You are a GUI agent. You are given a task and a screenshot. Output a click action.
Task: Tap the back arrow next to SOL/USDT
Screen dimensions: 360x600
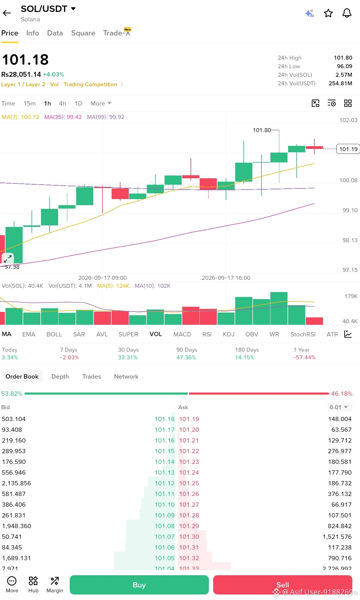(7, 13)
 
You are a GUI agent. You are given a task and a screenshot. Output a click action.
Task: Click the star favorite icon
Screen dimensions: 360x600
(328, 13)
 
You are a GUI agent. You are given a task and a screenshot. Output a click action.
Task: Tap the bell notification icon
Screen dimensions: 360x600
(347, 13)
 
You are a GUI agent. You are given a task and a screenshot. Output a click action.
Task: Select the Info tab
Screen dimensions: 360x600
(33, 33)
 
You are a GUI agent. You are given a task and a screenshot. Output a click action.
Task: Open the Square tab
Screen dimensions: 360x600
(83, 33)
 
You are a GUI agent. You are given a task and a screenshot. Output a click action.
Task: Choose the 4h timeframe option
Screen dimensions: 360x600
(62, 103)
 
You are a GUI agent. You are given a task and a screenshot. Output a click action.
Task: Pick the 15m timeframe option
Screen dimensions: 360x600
(30, 103)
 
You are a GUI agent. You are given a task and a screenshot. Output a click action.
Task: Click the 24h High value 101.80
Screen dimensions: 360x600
(343, 58)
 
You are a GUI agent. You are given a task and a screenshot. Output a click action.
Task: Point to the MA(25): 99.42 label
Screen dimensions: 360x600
(63, 117)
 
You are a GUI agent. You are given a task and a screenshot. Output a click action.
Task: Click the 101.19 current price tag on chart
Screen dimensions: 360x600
(348, 149)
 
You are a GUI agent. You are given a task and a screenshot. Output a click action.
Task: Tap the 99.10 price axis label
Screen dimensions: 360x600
(350, 210)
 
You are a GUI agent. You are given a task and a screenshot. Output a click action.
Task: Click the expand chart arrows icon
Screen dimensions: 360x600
(8, 258)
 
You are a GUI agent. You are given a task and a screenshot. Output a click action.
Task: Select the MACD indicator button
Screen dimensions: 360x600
(182, 334)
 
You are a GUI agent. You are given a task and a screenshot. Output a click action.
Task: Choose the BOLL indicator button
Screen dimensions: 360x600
(54, 334)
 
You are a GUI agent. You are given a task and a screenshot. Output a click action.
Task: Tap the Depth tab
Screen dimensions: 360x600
(60, 376)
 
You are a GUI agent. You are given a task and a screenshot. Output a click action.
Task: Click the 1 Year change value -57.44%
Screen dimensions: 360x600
(304, 357)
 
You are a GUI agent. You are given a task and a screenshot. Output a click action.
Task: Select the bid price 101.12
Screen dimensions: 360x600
(165, 483)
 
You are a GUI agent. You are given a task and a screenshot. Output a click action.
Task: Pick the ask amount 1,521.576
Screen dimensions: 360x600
(337, 537)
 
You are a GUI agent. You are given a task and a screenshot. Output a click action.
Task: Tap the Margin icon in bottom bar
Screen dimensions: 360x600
(55, 584)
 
